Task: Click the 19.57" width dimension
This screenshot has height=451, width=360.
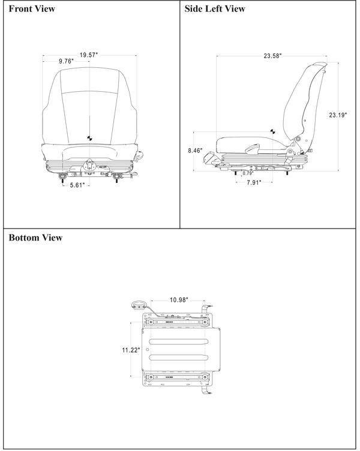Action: click(88, 55)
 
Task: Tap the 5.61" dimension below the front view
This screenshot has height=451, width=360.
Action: click(76, 186)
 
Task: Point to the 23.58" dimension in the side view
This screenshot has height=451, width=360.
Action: click(272, 56)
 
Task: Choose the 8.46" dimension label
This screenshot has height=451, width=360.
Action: click(194, 150)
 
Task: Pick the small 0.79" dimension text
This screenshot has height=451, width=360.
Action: click(247, 173)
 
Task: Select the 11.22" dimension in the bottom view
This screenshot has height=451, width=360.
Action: click(130, 349)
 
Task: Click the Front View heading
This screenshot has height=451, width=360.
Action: click(31, 9)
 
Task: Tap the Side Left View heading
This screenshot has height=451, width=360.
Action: click(214, 9)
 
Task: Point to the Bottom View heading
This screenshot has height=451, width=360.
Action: click(35, 238)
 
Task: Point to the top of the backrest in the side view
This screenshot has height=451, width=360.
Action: click(317, 64)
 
